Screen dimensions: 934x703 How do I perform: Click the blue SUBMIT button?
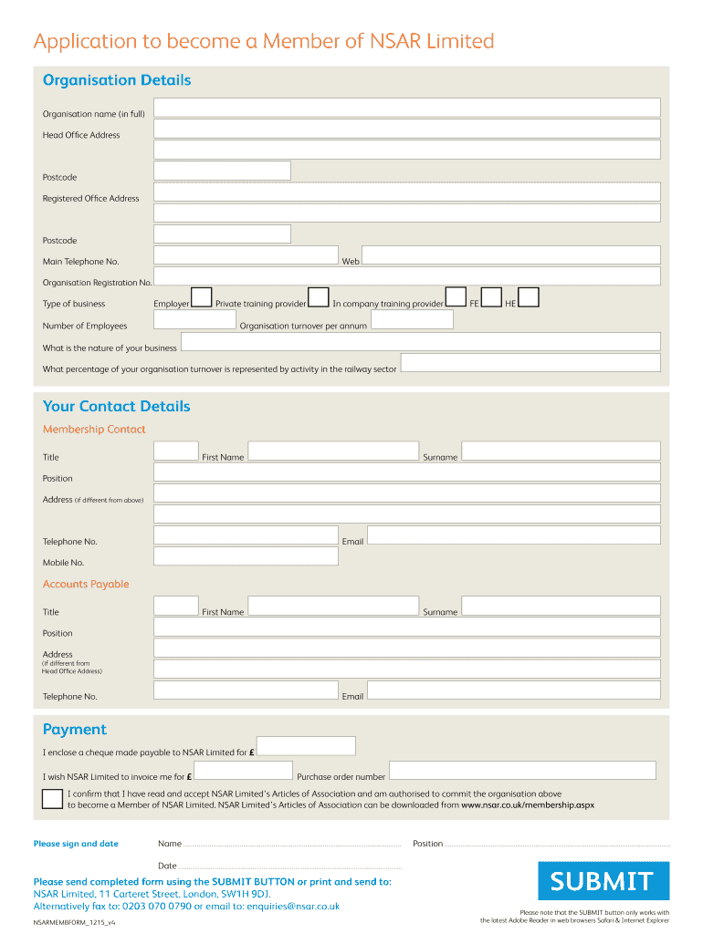click(x=603, y=881)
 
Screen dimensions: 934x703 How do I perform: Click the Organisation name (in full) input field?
click(x=406, y=108)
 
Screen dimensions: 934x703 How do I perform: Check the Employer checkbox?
click(x=201, y=297)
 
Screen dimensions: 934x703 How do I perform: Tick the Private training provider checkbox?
click(x=318, y=297)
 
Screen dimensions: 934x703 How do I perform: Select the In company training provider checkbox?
click(x=456, y=297)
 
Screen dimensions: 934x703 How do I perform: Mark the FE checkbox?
click(x=491, y=297)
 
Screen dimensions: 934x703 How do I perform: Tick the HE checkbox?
click(x=528, y=297)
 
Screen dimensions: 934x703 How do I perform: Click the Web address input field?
click(x=510, y=255)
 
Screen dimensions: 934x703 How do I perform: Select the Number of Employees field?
click(x=194, y=320)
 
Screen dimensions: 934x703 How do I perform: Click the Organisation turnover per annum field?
click(x=412, y=320)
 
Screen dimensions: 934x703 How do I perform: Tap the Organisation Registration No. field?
click(x=406, y=276)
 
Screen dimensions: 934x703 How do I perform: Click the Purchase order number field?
click(x=522, y=771)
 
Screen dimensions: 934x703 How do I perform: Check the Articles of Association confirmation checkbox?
click(x=53, y=799)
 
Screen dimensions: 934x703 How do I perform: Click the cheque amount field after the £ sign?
click(x=306, y=746)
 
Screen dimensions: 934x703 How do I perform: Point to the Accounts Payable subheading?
click(x=86, y=584)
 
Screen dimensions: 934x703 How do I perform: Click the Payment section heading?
click(x=75, y=729)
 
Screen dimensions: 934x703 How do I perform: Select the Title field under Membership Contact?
click(x=176, y=451)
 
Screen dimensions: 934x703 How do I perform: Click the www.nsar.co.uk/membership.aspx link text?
click(x=528, y=805)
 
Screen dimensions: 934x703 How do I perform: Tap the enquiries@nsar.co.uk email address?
click(x=283, y=907)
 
